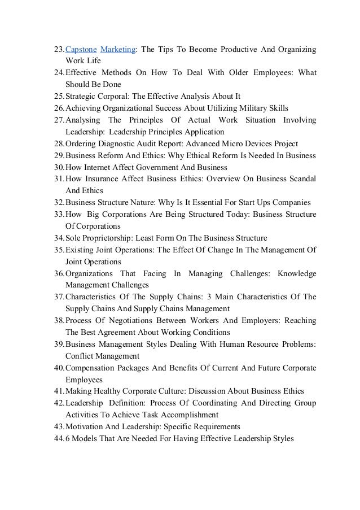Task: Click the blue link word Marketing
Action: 117,49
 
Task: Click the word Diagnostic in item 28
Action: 117,143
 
